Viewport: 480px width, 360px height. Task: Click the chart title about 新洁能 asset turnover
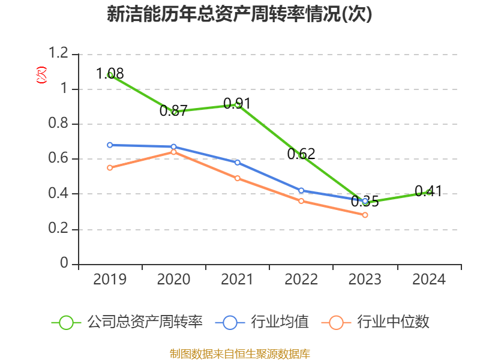point(239,14)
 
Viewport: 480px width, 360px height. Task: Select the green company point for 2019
point(110,75)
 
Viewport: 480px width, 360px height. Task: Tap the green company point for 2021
point(238,104)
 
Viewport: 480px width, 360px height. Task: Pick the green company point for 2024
point(429,192)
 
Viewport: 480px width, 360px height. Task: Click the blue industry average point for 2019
point(110,145)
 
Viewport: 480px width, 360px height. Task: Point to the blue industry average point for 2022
point(301,190)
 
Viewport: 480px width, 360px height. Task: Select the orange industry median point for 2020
point(173,152)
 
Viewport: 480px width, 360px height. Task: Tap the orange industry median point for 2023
point(365,214)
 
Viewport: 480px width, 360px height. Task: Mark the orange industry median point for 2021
point(238,178)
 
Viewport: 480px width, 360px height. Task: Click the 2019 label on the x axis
point(110,280)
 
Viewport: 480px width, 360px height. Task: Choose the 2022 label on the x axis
point(301,280)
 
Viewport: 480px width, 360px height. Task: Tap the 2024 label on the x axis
point(429,280)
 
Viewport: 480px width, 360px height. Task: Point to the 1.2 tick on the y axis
point(60,54)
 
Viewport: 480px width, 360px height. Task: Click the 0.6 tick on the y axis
point(60,159)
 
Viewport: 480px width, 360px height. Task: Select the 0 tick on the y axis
point(65,264)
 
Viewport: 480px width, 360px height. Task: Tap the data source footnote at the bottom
point(239,353)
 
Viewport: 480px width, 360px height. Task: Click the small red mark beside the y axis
point(41,76)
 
